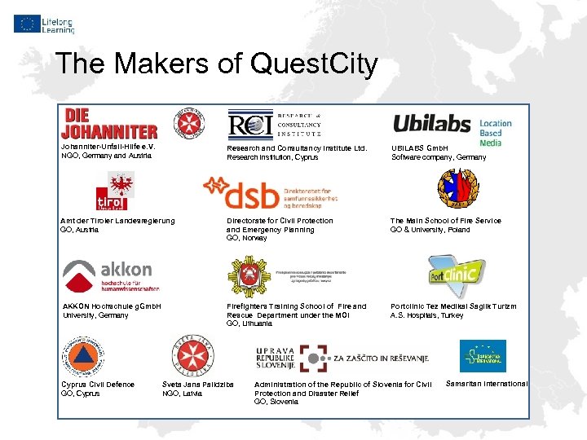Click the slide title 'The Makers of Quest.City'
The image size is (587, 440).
tap(216, 64)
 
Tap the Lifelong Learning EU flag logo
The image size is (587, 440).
tap(43, 23)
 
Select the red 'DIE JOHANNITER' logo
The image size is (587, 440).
tap(109, 122)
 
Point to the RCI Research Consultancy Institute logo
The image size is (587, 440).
tap(274, 122)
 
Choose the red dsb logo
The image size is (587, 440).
tap(268, 193)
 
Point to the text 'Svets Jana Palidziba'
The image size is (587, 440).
tap(198, 384)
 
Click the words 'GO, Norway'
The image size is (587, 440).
tap(246, 238)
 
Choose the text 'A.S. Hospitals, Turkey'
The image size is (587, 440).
tap(426, 315)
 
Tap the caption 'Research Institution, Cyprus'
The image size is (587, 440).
tap(272, 157)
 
